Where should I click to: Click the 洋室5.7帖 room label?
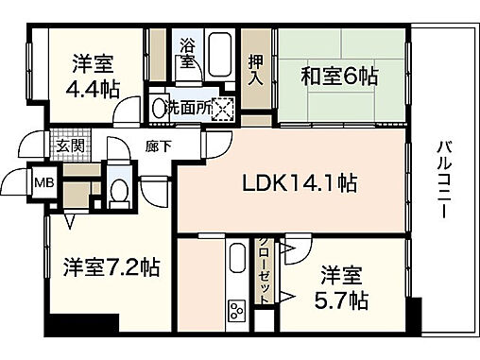[x=342, y=288]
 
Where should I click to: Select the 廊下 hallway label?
[x=157, y=146]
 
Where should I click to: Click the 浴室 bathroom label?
[x=187, y=53]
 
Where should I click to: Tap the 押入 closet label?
[x=253, y=69]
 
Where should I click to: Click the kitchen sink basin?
[x=235, y=261]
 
